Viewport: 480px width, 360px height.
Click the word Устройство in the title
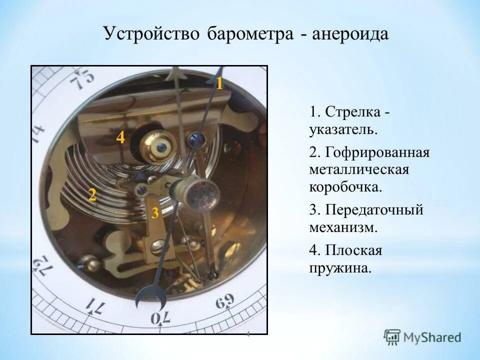pyautogui.click(x=151, y=35)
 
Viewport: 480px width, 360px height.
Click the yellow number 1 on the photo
pyautogui.click(x=219, y=83)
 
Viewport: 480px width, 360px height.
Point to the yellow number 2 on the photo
pyautogui.click(x=92, y=195)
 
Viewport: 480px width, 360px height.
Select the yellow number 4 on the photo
pyautogui.click(x=120, y=137)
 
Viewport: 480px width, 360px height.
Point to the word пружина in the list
pyautogui.click(x=340, y=268)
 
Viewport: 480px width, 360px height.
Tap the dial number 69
pyautogui.click(x=225, y=302)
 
